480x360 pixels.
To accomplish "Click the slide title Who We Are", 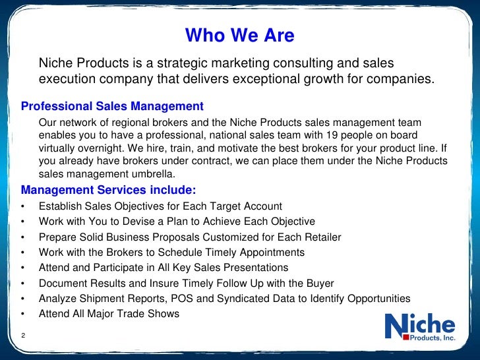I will click(240, 35).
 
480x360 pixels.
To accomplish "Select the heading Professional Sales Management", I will click(112, 106).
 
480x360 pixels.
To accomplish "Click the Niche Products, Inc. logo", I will click(419, 328).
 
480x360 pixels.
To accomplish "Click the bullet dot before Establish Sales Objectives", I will click(24, 206).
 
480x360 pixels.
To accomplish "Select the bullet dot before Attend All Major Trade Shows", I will click(24, 314).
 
